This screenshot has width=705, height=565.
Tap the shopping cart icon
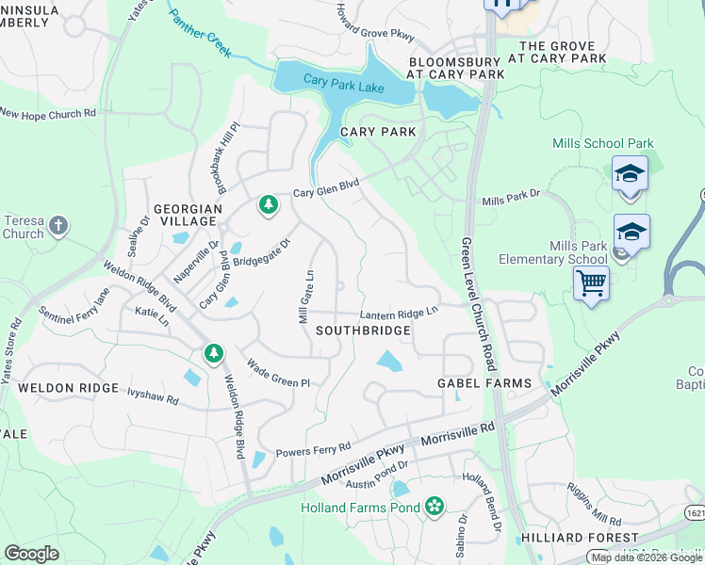(591, 282)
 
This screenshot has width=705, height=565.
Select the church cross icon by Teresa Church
(58, 225)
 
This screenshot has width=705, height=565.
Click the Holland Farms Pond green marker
(434, 508)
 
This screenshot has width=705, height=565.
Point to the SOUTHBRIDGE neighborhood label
(363, 331)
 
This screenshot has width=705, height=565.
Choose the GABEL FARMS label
(484, 383)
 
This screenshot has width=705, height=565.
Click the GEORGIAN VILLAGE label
(188, 215)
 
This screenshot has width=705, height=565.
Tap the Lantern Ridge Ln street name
(399, 314)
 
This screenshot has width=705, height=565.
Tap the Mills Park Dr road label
(510, 201)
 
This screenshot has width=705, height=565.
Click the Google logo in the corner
(31, 554)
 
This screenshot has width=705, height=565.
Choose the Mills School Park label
(603, 144)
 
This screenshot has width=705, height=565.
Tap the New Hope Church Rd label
(48, 113)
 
